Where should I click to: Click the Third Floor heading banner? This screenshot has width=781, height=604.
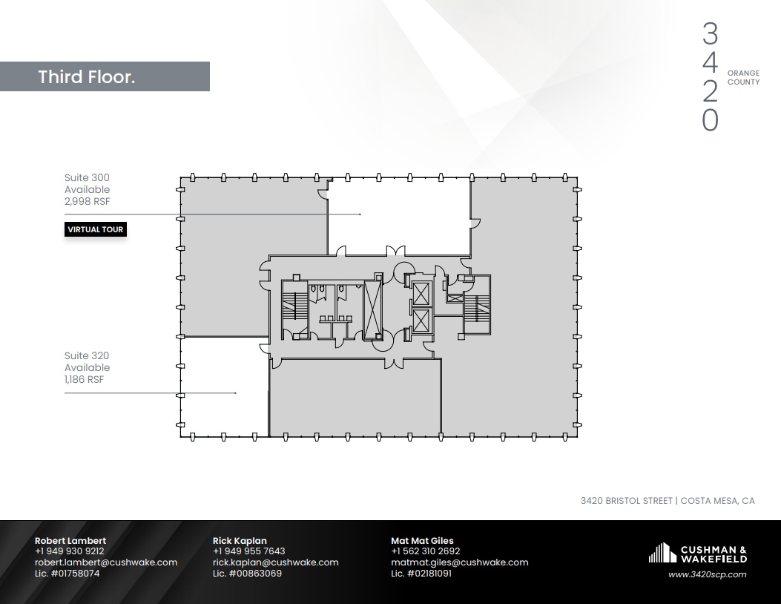coord(104,76)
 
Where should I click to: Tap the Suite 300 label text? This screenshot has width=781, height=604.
coord(86,178)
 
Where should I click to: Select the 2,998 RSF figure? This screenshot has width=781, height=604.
coord(87,201)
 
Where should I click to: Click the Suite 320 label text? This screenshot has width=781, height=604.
coord(86,356)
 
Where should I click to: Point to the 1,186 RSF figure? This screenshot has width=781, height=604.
coord(84,379)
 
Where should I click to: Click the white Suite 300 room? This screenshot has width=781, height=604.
coord(399,215)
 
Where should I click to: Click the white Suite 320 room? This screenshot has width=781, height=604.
coord(223,386)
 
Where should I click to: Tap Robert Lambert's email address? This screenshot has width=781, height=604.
coord(106,562)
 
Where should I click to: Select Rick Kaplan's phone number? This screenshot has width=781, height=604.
coord(248,551)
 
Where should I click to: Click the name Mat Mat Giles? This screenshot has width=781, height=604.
coord(422,541)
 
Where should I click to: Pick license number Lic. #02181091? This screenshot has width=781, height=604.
coord(421,574)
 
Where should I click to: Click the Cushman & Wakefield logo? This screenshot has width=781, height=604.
coord(697,553)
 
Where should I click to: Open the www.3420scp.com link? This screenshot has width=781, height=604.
coord(707,574)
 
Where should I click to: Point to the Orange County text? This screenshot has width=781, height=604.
coord(743,78)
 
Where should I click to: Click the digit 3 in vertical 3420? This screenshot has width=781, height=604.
coord(710,34)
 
